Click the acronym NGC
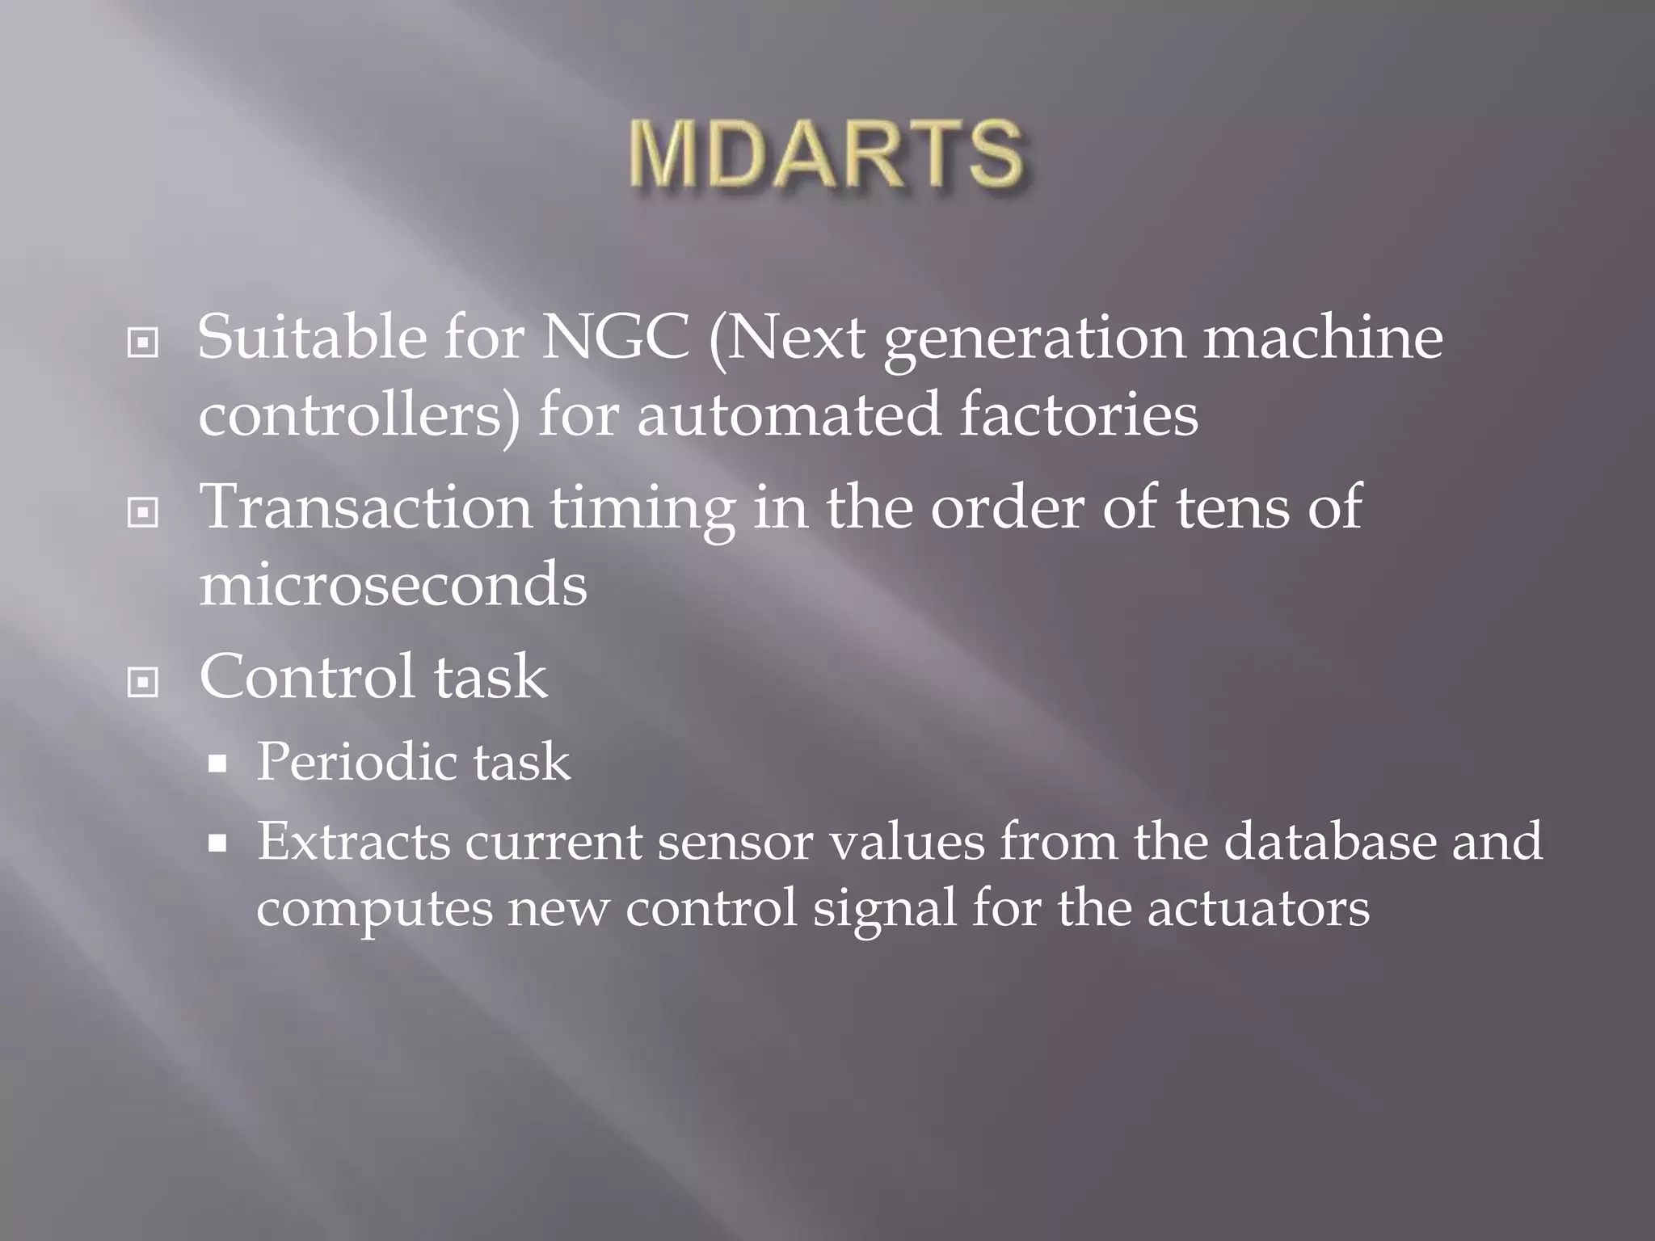[x=616, y=338]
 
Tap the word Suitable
[x=312, y=338]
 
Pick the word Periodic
[x=356, y=762]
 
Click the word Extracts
[x=353, y=842]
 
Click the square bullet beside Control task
[x=143, y=683]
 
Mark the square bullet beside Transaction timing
[x=143, y=512]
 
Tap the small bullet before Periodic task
[x=217, y=764]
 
